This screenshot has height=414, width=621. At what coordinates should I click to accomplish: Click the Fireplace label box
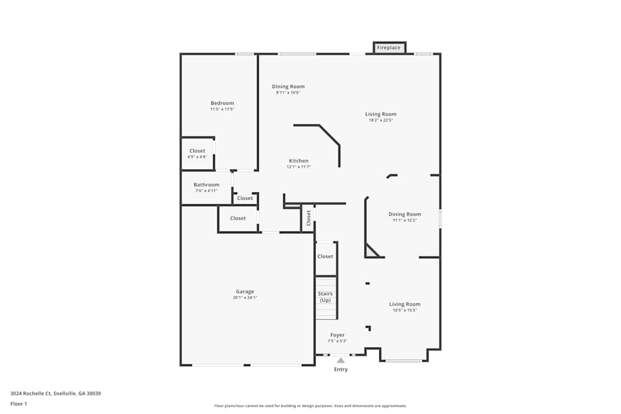389,48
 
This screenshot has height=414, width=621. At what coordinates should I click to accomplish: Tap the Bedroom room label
222,103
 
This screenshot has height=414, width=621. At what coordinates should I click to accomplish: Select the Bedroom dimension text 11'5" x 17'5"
222,109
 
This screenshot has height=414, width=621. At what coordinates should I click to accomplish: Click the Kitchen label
298,161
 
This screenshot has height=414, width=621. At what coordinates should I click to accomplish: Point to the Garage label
245,292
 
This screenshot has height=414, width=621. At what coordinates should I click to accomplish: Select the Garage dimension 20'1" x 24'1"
245,298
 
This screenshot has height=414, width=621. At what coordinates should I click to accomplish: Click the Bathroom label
206,184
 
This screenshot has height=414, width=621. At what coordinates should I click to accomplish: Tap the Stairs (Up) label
325,297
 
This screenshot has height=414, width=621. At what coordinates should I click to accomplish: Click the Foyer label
337,335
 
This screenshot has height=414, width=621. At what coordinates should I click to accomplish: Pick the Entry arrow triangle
340,360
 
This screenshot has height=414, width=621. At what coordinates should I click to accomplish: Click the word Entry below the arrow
341,369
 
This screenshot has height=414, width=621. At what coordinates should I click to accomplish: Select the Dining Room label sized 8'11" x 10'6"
288,86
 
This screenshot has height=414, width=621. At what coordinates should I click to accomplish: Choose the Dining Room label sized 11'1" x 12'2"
404,214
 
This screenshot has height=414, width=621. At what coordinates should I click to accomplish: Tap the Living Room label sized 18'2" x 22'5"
381,114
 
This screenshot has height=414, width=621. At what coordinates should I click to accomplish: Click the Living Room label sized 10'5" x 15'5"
404,304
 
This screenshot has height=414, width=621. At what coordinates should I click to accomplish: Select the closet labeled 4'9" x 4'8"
197,151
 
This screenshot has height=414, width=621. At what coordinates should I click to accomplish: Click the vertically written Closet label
308,218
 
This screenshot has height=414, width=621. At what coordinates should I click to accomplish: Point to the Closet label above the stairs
325,256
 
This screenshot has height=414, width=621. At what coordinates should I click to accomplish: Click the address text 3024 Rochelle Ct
55,394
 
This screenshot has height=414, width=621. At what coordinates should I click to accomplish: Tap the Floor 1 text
19,403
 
